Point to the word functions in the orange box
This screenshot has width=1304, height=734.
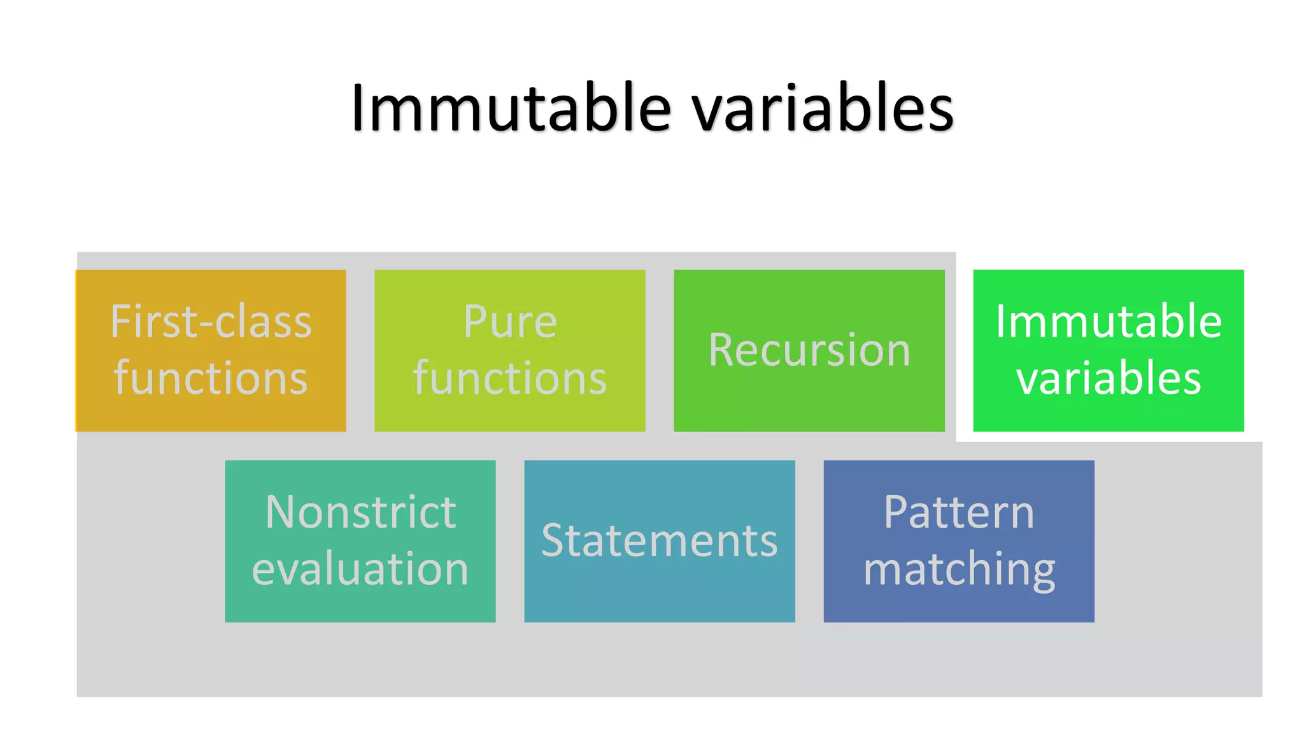[211, 378]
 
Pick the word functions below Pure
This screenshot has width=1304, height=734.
[510, 378]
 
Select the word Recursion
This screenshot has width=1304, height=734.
[809, 350]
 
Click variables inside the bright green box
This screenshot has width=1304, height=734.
[1109, 378]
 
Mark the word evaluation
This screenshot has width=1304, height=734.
[360, 568]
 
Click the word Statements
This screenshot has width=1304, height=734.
[660, 541]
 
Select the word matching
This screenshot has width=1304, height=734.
[959, 570]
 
